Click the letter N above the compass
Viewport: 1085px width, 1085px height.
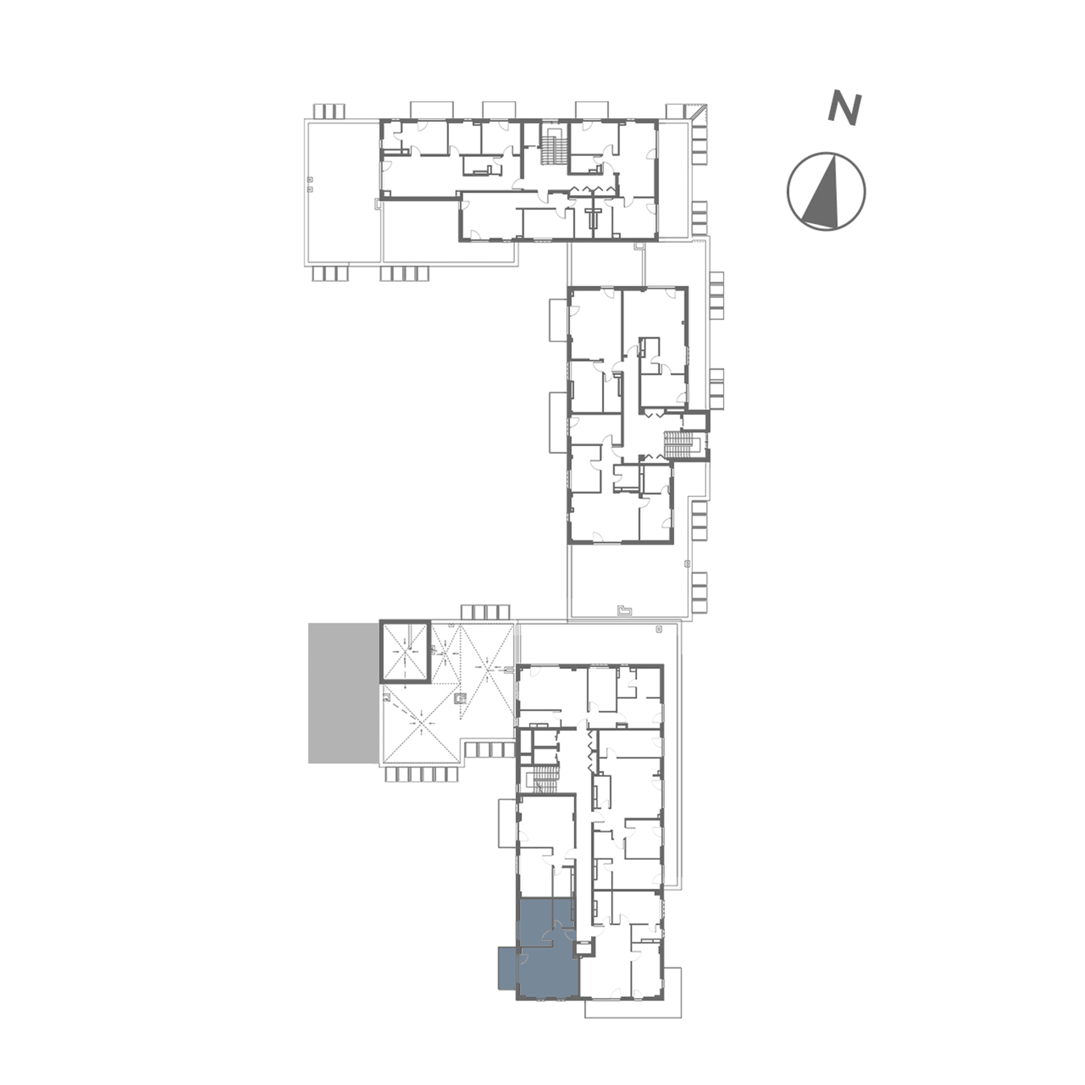point(844,108)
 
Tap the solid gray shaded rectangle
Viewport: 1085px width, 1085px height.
point(343,693)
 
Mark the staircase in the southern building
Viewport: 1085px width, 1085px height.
point(543,778)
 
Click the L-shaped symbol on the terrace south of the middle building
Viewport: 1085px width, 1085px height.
point(625,609)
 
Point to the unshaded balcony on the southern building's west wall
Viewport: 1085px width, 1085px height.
point(507,823)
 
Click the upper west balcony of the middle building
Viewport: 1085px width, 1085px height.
point(558,320)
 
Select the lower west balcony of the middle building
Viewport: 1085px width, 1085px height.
point(558,422)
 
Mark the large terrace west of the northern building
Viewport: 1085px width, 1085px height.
point(342,191)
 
